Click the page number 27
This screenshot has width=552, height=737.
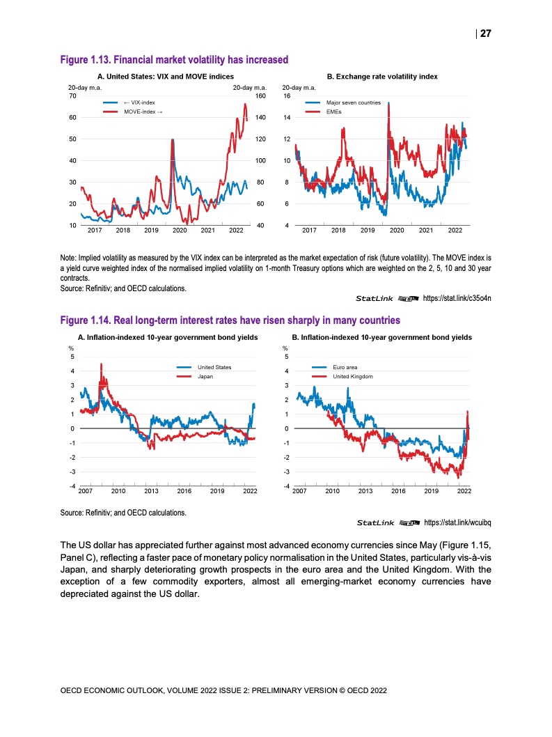tap(486, 33)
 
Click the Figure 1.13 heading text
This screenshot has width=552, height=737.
tap(175, 60)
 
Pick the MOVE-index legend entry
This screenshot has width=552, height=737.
tap(143, 111)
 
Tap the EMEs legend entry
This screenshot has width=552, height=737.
tap(334, 111)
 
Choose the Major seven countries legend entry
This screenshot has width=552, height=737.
tap(353, 102)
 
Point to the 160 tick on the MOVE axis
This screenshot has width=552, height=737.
tap(261, 95)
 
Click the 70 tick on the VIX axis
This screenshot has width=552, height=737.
tap(72, 95)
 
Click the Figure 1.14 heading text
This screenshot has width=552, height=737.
tap(230, 320)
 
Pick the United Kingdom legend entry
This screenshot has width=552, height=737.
tap(353, 376)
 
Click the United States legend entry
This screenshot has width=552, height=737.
tap(214, 367)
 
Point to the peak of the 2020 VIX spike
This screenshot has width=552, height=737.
tap(172, 140)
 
